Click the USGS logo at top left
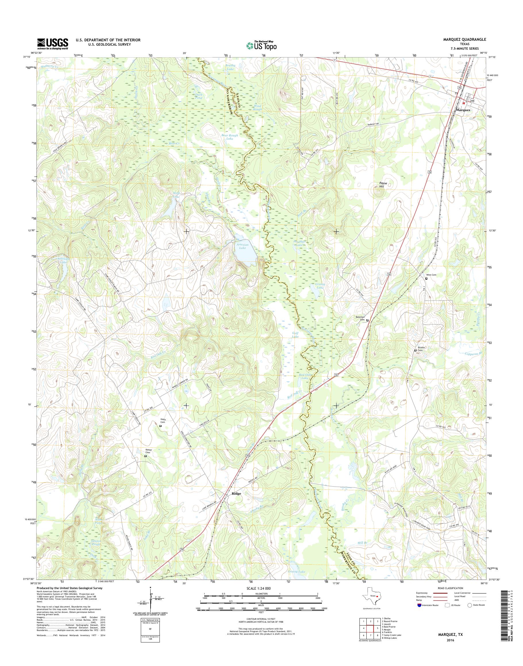tap(53, 44)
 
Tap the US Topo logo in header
tap(261, 46)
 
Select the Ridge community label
tap(236, 502)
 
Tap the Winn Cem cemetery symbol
tap(426, 278)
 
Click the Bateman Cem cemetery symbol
tap(368, 320)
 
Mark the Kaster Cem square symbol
tap(145, 456)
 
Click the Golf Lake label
tap(295, 335)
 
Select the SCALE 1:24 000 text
tap(261, 588)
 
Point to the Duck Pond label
tap(199, 96)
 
